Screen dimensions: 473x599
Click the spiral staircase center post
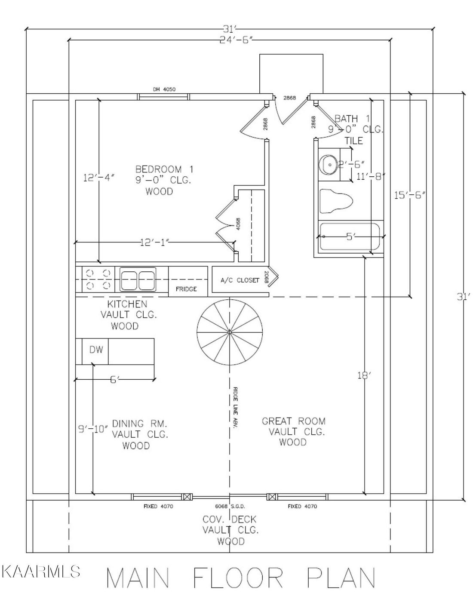(230, 332)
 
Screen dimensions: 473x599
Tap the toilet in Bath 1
(336, 201)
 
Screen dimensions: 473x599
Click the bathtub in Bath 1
(350, 237)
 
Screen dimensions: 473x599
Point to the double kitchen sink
(138, 279)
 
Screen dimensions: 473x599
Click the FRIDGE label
(186, 289)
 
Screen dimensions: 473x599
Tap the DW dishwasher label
(96, 350)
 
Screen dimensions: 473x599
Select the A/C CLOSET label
(240, 280)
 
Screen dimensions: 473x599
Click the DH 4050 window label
(164, 89)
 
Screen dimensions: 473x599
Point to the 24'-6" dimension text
(236, 40)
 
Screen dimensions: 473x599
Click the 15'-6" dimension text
(410, 195)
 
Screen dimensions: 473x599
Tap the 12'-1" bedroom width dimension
(154, 243)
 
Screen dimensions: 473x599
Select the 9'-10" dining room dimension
(93, 429)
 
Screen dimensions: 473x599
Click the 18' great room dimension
(364, 376)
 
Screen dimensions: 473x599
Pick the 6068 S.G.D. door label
(230, 506)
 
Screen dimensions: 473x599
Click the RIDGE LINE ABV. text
(235, 408)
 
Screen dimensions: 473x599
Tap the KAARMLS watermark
(41, 571)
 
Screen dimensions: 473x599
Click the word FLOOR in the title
(238, 577)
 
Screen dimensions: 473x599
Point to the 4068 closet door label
(238, 224)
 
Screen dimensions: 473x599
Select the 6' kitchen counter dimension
(115, 379)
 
